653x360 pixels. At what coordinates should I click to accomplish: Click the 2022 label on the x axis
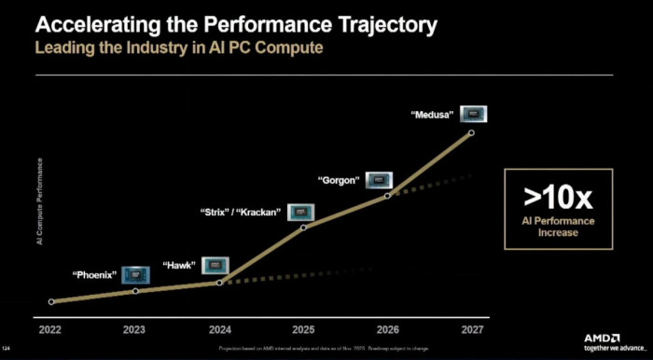(50, 329)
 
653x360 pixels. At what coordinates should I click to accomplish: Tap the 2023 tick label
(134, 329)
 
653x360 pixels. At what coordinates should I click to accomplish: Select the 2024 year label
(218, 329)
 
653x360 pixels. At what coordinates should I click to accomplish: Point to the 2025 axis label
(302, 329)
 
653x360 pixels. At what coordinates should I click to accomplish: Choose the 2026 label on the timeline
(386, 329)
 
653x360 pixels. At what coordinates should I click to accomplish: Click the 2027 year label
(470, 329)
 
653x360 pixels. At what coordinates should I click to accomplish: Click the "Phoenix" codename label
(94, 275)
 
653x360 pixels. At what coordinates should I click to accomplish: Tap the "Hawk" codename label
(178, 266)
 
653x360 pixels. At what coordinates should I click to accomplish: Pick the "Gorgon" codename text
(339, 180)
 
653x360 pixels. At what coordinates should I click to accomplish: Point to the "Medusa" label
(432, 116)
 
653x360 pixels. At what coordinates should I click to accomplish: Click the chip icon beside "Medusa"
(474, 115)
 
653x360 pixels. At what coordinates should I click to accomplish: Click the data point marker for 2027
(471, 133)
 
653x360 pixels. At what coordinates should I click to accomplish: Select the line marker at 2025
(303, 227)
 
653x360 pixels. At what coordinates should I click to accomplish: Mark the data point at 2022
(51, 301)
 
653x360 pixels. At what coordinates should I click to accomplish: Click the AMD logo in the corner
(608, 339)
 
